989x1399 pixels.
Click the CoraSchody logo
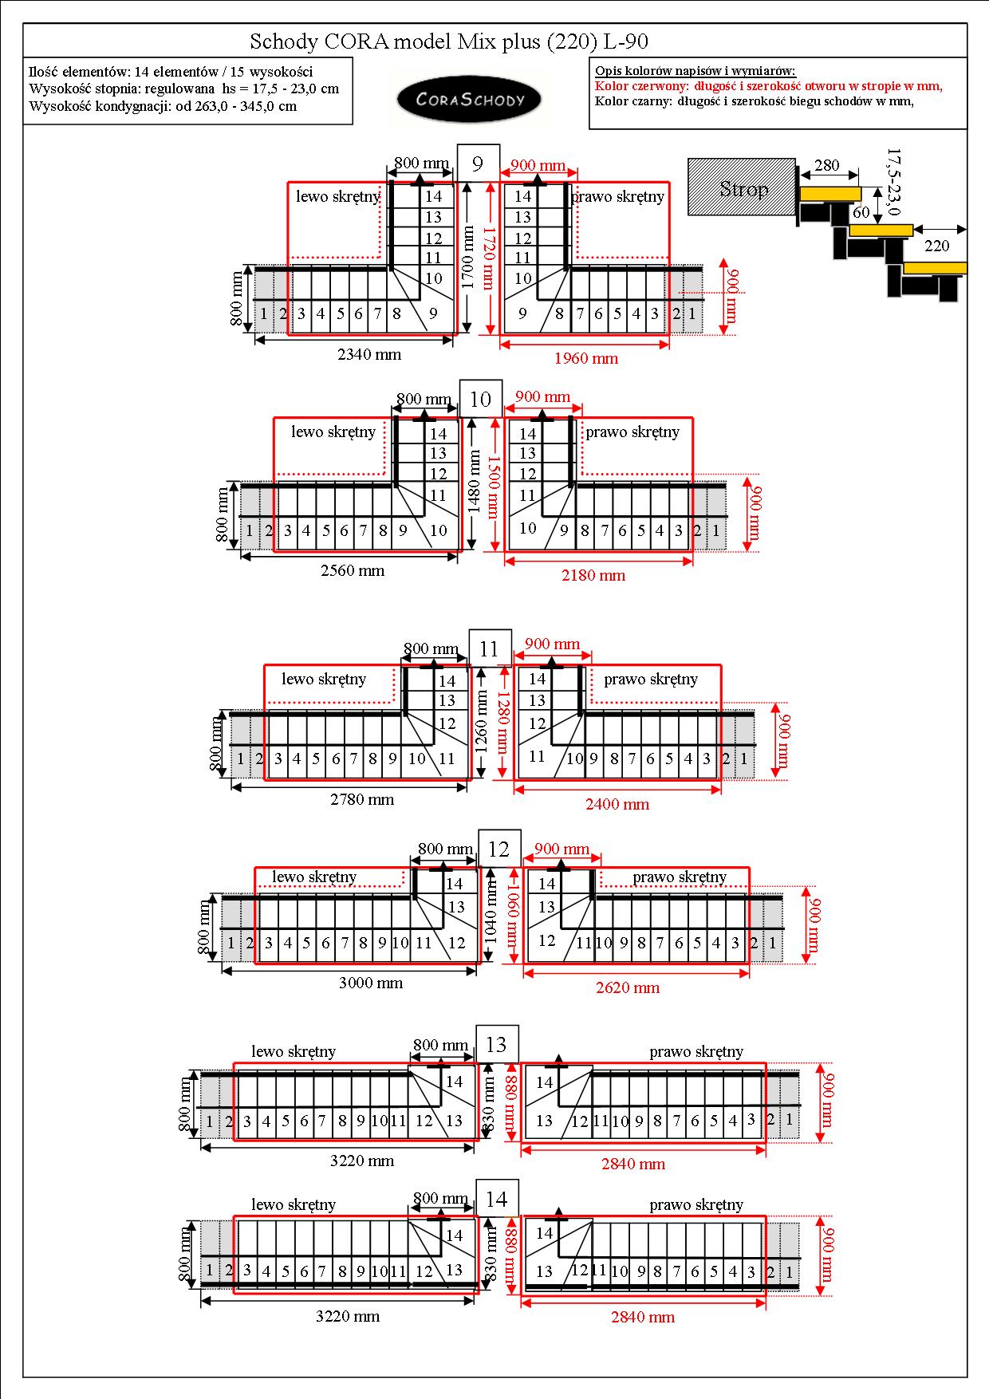click(470, 100)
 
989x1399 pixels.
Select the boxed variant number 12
click(498, 849)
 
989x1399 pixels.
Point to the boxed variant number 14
click(496, 1199)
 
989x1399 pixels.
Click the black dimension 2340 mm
click(369, 354)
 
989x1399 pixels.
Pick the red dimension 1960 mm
click(586, 358)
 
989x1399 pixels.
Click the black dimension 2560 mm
click(353, 570)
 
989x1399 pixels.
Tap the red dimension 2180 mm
click(593, 575)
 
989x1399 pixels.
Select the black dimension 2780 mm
click(362, 799)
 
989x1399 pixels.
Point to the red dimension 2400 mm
click(617, 804)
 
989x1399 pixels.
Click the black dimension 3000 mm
click(371, 983)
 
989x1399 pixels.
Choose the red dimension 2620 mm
click(628, 987)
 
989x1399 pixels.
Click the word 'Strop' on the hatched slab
click(743, 189)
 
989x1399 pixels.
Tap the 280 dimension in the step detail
click(827, 165)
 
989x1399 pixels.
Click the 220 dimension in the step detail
click(937, 246)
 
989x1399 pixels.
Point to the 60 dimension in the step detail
click(861, 213)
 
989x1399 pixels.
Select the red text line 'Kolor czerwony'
click(769, 86)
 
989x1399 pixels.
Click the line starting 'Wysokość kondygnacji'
click(163, 106)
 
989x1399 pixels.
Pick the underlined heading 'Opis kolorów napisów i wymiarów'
click(695, 71)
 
